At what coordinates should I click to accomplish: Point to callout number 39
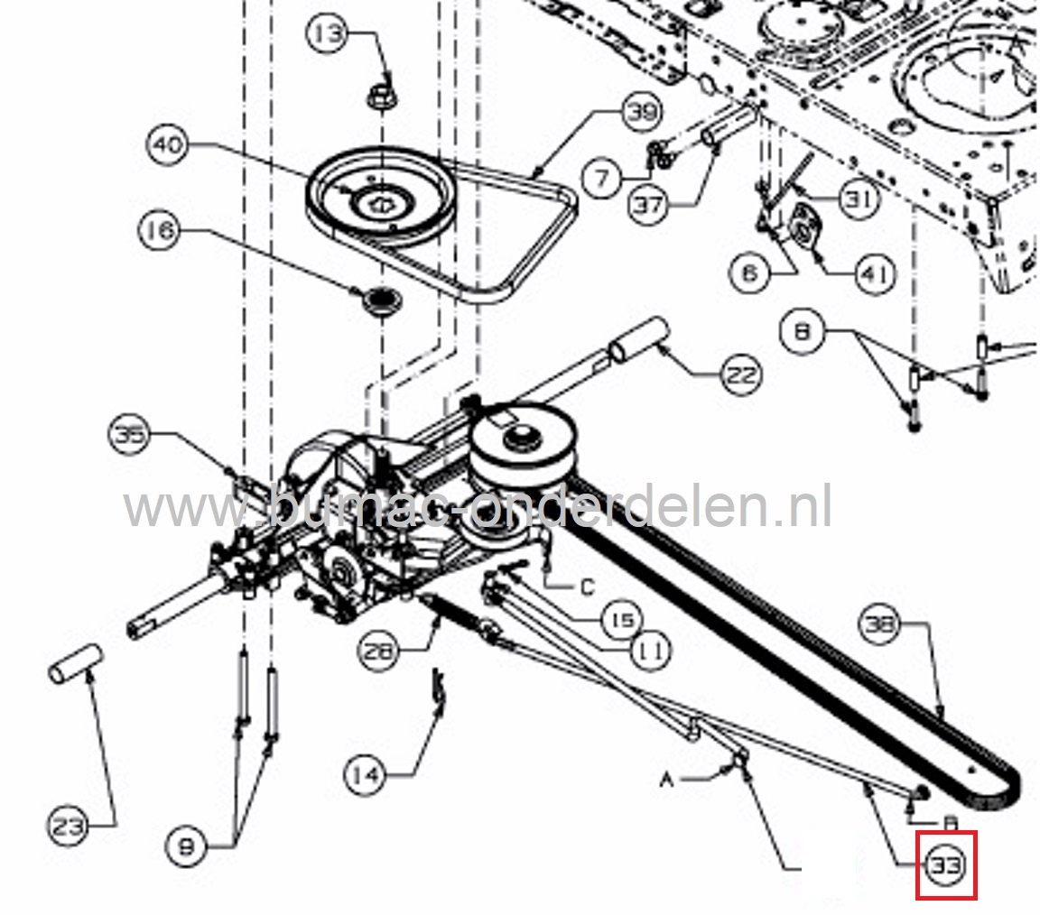click(x=642, y=113)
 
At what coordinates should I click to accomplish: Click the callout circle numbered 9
click(x=189, y=846)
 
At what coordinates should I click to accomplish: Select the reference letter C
click(x=587, y=587)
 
